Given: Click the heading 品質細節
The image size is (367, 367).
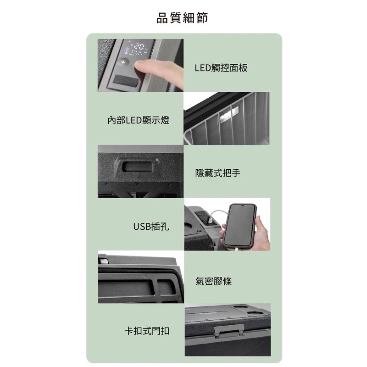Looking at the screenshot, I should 183,18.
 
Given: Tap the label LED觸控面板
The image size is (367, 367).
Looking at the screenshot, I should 221,68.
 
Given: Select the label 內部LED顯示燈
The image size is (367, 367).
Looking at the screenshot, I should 138,121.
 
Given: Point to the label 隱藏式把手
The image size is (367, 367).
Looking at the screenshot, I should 217,173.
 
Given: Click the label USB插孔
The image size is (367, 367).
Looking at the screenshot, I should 151,226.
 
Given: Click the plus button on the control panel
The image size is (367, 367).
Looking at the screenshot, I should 122,61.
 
